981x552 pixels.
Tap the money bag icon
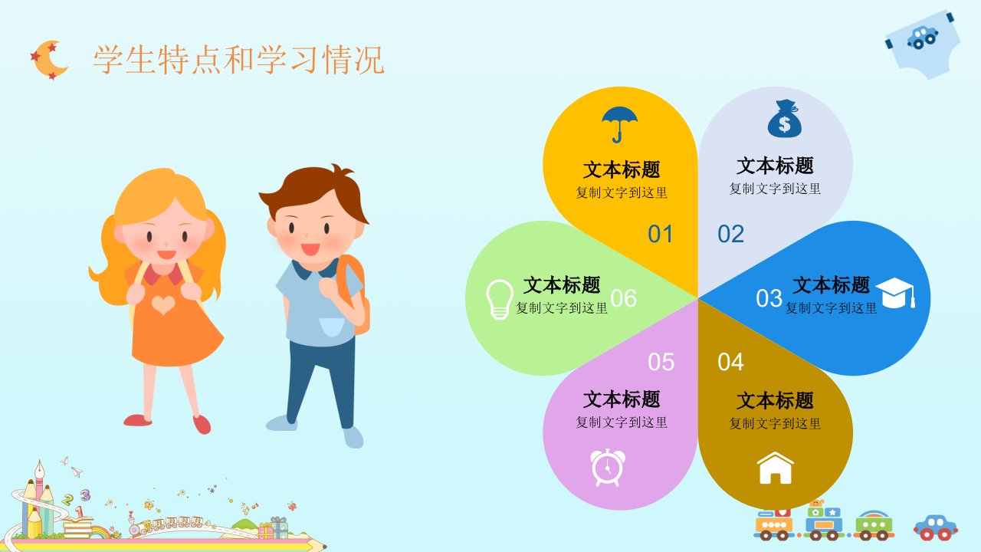coord(784,119)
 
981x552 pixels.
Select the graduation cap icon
coord(896,293)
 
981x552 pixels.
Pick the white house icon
coord(775,468)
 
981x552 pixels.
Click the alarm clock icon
coord(608,467)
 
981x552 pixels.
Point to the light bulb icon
coord(500,299)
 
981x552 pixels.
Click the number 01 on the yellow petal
coord(661,234)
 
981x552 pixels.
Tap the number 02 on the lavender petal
coord(731,234)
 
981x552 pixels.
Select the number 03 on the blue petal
coord(769,298)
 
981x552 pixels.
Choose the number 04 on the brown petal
coord(730,363)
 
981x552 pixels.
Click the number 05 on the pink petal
coord(661,363)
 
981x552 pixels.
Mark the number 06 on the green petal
coord(624,298)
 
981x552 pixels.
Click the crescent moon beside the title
coord(49,60)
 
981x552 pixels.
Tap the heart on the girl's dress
coord(163,305)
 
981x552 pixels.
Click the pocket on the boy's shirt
coord(332,327)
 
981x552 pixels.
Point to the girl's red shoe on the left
coord(137,420)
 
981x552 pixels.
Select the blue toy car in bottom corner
coord(936,527)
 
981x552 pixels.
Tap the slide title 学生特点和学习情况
coord(239,60)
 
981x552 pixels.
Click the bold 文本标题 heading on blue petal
coord(832,284)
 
